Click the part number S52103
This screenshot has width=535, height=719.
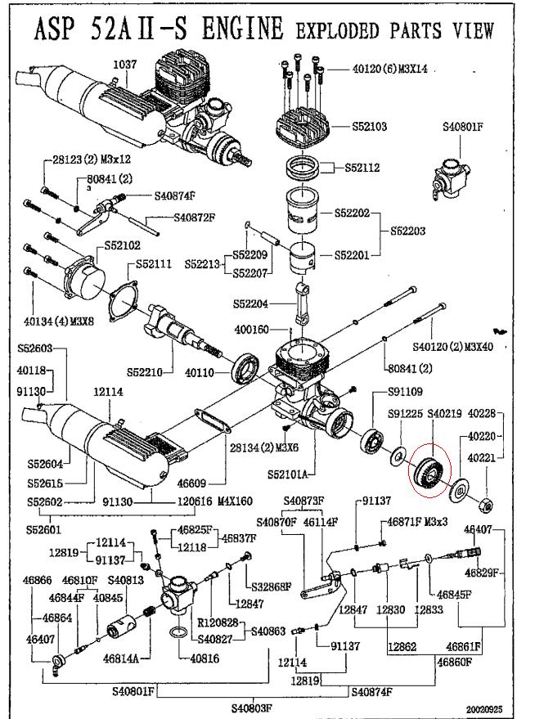pos(369,127)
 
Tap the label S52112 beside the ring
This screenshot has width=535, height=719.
pos(361,168)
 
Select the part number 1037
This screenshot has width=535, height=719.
pos(125,65)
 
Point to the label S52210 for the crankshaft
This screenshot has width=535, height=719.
pos(146,372)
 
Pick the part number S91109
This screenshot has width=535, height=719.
pos(405,392)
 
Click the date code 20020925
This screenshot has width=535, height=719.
pos(484,709)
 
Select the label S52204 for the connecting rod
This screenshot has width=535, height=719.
pos(252,303)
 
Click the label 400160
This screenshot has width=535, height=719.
pos(253,330)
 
